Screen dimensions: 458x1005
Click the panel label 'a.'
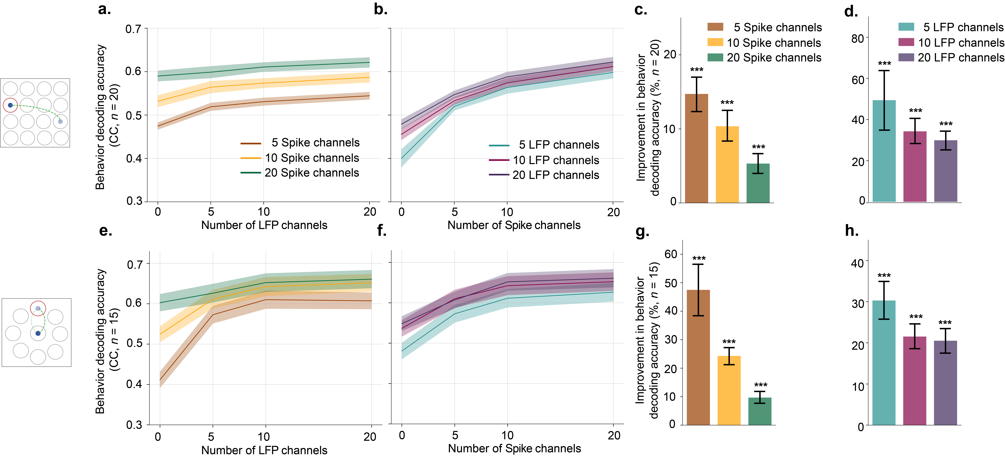104,9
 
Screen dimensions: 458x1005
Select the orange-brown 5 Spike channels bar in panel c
696,148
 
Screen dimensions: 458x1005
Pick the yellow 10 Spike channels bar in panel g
729,390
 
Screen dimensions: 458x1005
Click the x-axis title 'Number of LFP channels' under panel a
264,225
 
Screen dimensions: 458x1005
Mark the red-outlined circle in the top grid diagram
10,105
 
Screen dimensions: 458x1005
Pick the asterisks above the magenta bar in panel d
915,111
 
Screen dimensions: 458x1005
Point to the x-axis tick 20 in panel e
370,437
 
